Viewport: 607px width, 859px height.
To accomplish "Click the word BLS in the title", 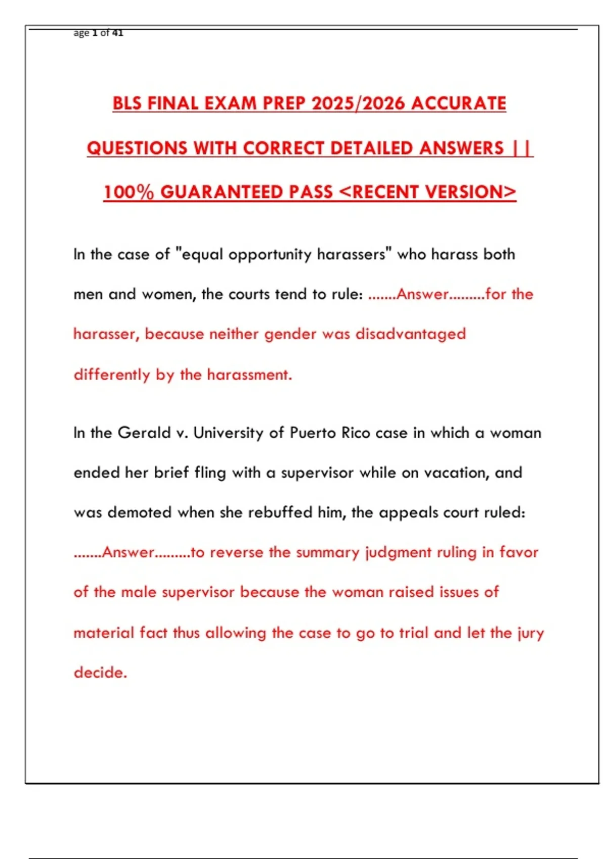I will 127,104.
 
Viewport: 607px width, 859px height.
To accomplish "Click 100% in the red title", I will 128,192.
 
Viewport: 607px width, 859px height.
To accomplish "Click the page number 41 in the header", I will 117,33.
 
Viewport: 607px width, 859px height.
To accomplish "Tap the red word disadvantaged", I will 410,334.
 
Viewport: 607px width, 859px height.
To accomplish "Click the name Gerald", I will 144,433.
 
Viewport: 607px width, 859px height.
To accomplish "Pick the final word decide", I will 100,673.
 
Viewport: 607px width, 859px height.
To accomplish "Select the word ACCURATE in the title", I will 458,104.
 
